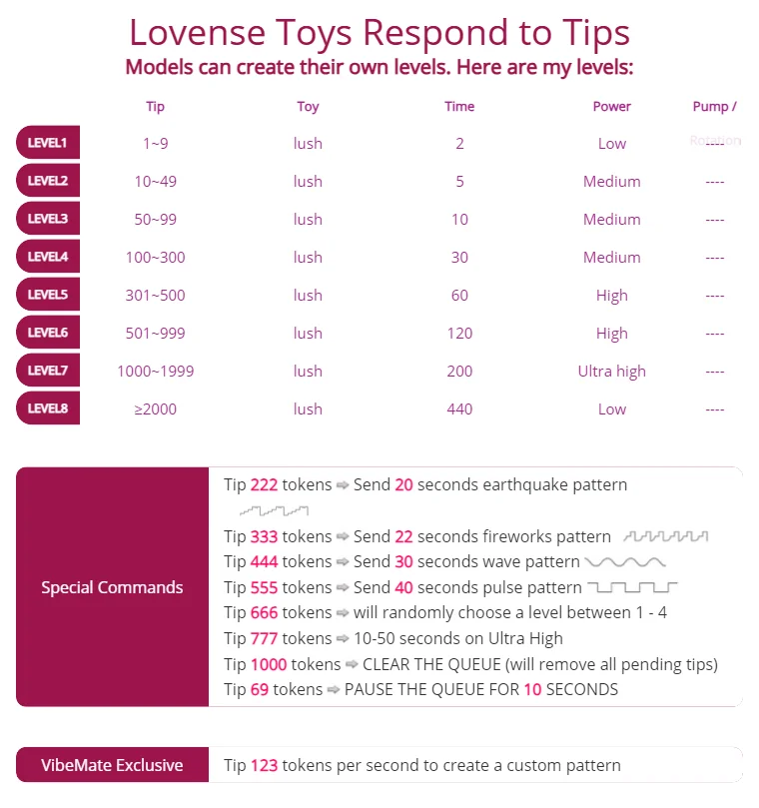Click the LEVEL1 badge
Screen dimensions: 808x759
point(48,143)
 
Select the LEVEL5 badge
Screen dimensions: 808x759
point(48,295)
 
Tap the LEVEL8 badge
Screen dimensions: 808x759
point(48,408)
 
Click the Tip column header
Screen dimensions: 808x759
point(155,107)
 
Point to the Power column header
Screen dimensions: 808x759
point(611,107)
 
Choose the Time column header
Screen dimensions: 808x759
point(459,107)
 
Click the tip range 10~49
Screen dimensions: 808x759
point(155,182)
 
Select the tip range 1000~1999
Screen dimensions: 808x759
point(155,372)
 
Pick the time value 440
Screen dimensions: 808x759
point(459,408)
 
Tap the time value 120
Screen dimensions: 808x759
point(459,334)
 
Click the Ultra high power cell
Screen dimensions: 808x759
point(611,372)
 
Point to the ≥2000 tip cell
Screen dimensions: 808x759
point(155,408)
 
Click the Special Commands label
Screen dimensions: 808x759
point(112,587)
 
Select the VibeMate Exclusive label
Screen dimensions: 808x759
point(112,765)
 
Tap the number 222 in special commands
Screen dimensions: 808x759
point(264,484)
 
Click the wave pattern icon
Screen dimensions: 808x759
point(624,562)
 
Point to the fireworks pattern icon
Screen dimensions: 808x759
point(665,536)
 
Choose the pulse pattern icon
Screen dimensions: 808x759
point(632,587)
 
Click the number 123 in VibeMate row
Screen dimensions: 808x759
point(264,765)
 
